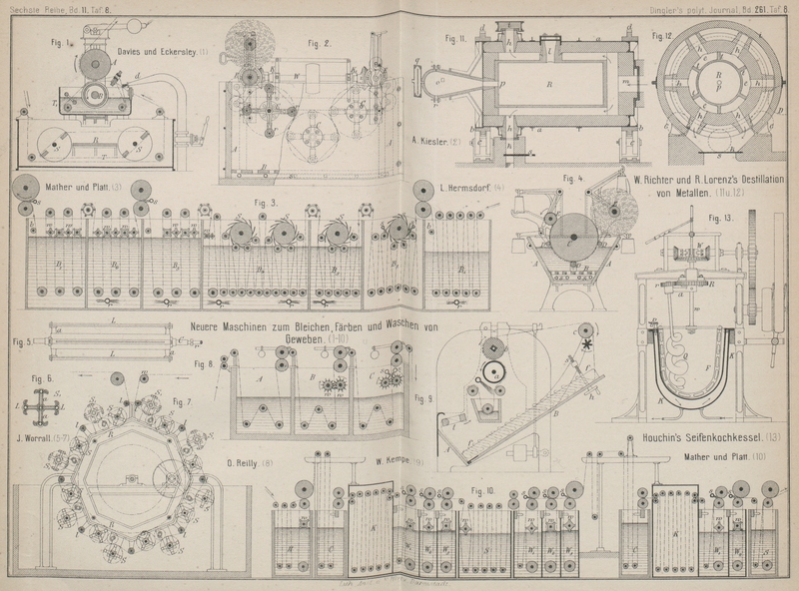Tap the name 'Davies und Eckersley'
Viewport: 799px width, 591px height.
pos(157,51)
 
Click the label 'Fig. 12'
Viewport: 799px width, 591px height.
pos(661,37)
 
